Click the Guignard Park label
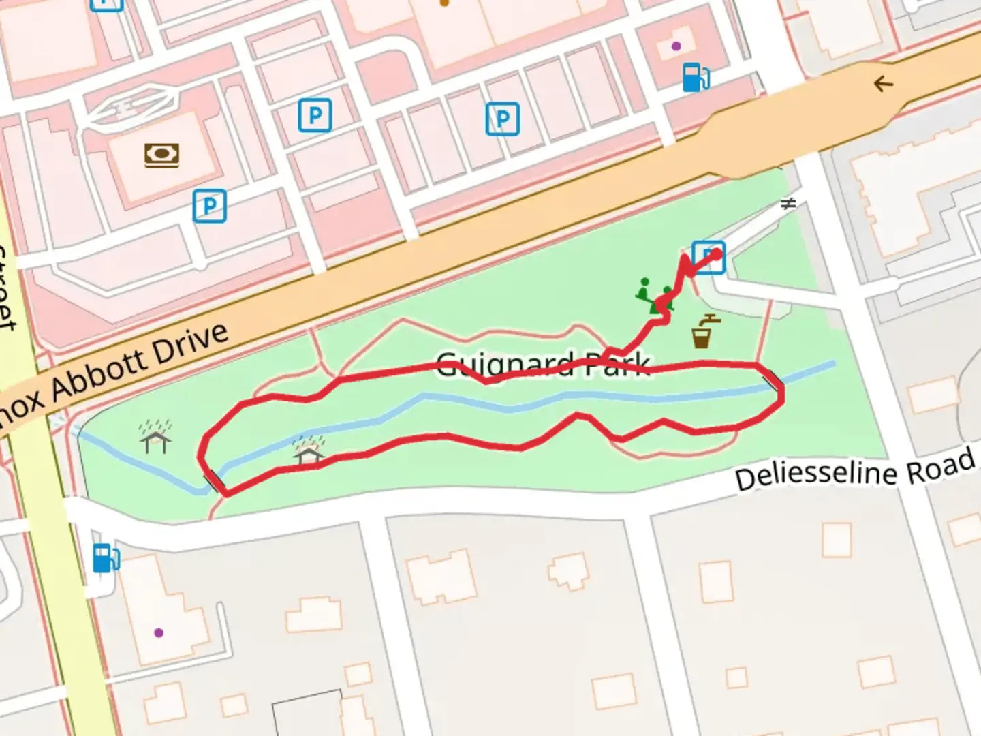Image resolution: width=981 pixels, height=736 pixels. point(542,365)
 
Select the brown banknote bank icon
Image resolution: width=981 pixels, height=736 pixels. point(161,155)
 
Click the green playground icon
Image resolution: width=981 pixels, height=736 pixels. point(654,296)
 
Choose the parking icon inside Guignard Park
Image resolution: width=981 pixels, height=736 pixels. point(708,258)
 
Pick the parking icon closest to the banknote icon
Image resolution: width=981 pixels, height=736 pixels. point(209,206)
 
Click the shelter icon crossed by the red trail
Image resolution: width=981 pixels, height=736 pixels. point(308,452)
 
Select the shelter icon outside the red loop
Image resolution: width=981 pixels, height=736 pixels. point(156,438)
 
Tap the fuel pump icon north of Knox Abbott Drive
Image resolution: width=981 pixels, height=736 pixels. point(695,76)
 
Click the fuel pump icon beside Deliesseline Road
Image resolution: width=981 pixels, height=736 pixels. point(106,557)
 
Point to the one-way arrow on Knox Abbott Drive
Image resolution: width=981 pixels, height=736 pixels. point(884,84)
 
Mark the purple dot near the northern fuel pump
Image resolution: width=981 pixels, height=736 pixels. point(676,46)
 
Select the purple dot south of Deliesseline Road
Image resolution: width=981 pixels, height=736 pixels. point(159,632)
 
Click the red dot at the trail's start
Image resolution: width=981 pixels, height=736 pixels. point(716,255)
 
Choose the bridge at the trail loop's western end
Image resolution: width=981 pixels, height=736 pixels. point(213,480)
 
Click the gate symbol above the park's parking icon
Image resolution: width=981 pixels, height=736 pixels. point(788,204)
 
